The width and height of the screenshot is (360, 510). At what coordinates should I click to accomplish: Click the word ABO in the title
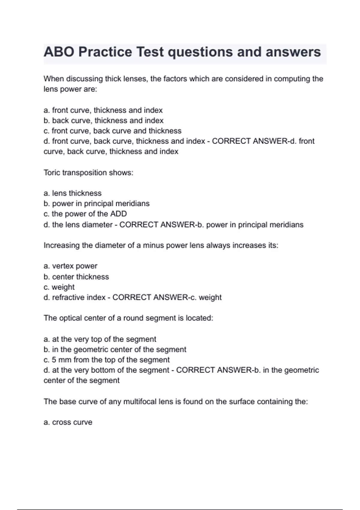click(x=59, y=52)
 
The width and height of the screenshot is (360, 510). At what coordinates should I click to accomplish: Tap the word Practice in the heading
click(x=105, y=52)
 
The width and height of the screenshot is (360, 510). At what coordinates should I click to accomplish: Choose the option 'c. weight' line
click(x=59, y=287)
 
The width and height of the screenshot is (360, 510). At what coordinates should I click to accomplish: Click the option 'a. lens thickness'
click(x=73, y=193)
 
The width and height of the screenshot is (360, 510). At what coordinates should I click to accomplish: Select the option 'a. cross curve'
click(x=68, y=422)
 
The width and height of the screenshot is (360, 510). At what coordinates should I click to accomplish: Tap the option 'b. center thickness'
click(x=76, y=277)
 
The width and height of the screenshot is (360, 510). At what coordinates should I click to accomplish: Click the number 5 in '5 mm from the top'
click(x=54, y=360)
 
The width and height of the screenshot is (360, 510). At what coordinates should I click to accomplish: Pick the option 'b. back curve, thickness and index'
click(x=103, y=121)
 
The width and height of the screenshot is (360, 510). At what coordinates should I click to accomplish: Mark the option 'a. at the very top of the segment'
click(x=100, y=339)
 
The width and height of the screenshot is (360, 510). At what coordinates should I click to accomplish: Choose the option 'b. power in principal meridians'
click(x=97, y=204)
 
